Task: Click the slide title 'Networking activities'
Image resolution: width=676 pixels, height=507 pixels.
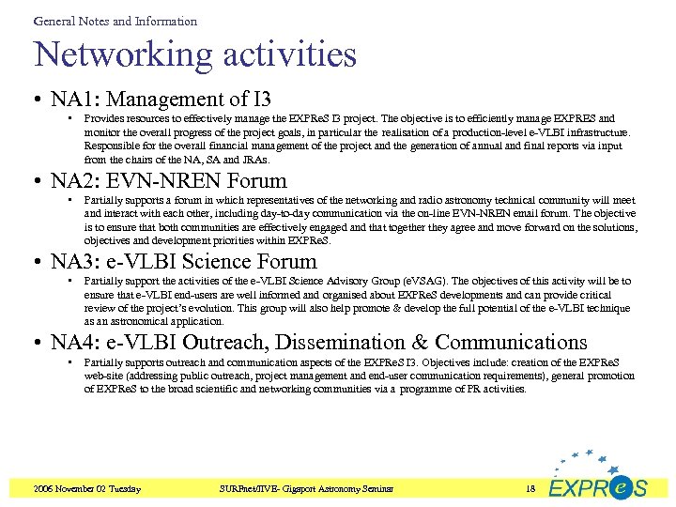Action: (195, 54)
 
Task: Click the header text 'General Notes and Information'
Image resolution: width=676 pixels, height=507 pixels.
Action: (115, 21)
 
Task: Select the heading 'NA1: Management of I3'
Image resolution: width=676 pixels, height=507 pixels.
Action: (161, 99)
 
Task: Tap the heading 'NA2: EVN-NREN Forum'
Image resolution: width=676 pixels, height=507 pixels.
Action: (169, 180)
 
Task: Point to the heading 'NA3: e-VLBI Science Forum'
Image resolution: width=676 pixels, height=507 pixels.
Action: (184, 261)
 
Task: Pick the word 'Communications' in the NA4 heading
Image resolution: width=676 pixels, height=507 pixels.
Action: (511, 343)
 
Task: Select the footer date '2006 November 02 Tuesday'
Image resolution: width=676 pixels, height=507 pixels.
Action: (86, 488)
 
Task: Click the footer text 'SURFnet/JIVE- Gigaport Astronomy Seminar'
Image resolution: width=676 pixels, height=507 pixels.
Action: (305, 488)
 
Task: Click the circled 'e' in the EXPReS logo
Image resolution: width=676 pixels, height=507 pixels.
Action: (620, 487)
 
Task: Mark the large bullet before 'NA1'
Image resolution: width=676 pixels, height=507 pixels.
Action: (39, 100)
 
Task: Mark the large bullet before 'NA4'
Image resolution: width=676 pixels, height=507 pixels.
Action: (39, 344)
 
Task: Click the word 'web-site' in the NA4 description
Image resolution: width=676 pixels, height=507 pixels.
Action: (103, 376)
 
